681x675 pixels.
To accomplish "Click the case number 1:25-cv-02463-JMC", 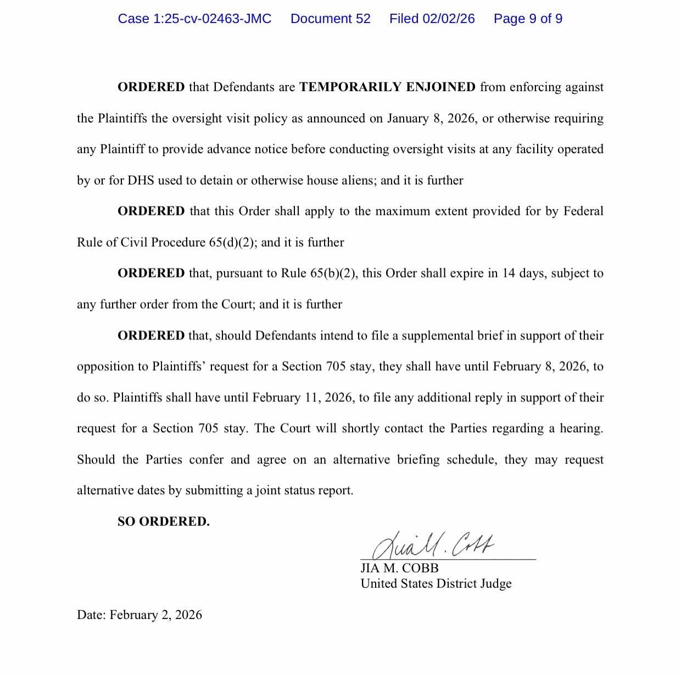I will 194,19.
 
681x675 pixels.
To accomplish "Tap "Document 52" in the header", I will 330,19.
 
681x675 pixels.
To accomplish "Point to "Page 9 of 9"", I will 528,19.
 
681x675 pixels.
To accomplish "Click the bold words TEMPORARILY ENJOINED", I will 387,87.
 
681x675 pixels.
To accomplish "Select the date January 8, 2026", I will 431,118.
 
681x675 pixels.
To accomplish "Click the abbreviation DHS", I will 141,180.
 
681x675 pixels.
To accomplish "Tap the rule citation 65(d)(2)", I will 232,242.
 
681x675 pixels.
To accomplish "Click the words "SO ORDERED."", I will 163,521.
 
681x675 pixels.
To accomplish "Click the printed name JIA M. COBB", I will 399,568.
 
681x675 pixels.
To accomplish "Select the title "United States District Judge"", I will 436,583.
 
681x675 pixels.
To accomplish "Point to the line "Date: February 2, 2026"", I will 139,615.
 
